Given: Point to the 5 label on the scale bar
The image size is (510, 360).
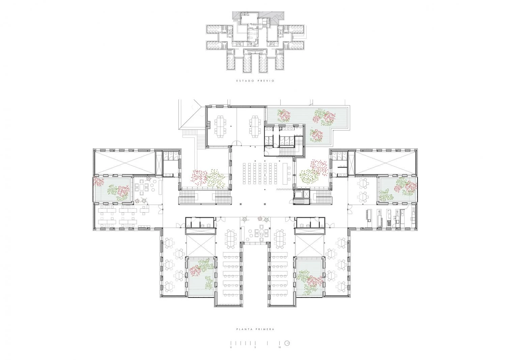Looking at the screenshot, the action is (255, 354).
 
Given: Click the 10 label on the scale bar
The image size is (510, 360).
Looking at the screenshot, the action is (280, 354).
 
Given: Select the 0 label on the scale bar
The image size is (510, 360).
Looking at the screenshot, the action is (231, 354).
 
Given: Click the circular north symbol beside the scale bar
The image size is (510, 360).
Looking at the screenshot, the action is (288, 350).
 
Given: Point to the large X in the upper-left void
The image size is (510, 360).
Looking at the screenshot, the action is (124, 162).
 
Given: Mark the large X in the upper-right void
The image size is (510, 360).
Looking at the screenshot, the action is (386, 162).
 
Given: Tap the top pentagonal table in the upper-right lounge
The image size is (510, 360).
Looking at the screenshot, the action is (364, 183).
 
